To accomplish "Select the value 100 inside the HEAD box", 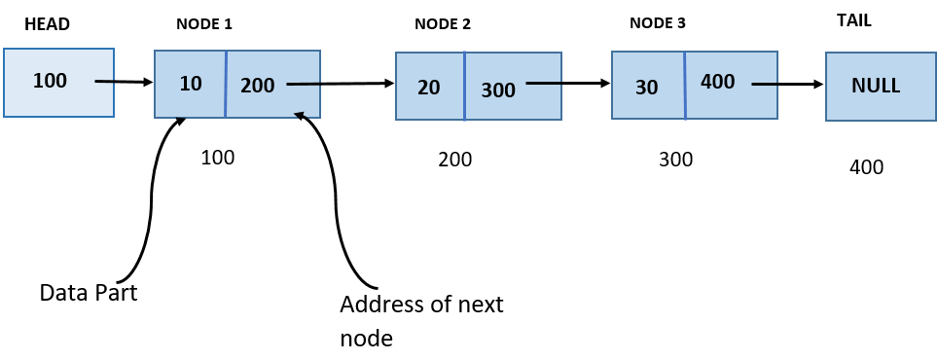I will tap(50, 81).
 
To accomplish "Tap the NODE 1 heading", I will tap(203, 23).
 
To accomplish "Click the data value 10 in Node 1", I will tap(191, 84).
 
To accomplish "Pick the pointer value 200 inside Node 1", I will tap(258, 85).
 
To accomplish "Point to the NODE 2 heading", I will tap(443, 24).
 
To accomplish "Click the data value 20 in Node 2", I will tap(429, 88).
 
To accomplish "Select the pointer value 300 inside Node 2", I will tap(498, 90).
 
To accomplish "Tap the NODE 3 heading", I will tap(658, 22).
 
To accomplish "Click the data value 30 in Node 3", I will tap(646, 88).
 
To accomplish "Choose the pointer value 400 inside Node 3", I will tap(717, 82).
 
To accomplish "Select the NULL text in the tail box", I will tap(876, 85).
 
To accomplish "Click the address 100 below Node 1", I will tap(217, 157).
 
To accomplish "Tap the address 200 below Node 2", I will tap(454, 160).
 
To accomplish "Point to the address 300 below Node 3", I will tap(675, 160).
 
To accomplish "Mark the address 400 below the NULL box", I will tap(866, 167).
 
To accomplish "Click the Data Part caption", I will tap(89, 292).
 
